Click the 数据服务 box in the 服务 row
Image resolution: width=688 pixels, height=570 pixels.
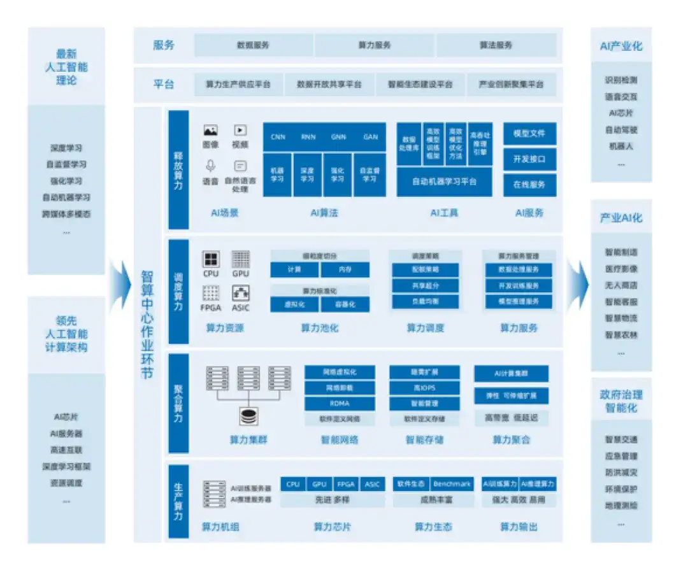253,45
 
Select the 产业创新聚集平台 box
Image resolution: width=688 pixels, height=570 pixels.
511,84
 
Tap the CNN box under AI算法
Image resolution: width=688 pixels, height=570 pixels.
278,137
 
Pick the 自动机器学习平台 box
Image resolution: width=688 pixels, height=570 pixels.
444,182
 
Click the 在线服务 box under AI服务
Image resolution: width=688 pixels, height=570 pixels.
529,185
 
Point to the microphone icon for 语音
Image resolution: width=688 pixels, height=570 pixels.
210,166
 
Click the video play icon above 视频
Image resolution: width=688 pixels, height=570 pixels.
240,130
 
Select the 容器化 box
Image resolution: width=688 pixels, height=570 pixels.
345,304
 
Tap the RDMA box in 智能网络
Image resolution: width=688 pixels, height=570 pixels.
340,403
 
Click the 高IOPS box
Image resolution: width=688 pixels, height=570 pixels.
424,388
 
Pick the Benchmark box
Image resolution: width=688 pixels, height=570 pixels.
452,484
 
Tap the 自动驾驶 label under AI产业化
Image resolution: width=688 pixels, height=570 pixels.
621,130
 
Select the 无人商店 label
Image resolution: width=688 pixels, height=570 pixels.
621,285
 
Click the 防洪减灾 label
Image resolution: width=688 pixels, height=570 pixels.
621,473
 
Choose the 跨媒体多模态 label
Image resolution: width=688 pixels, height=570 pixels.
66,214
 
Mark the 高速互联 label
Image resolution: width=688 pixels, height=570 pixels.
66,450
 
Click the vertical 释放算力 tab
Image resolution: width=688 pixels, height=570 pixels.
178,169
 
